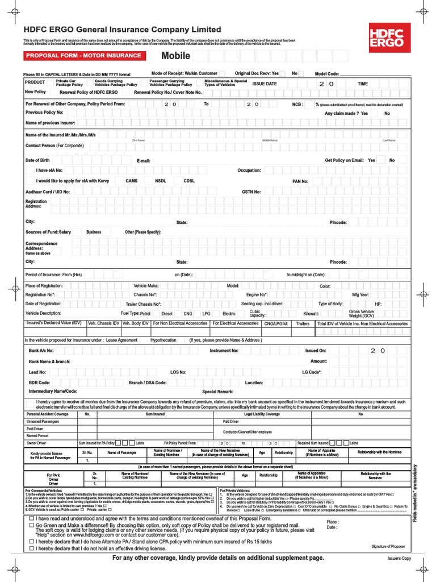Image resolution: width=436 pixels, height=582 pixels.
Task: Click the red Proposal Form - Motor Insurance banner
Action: [x=83, y=56]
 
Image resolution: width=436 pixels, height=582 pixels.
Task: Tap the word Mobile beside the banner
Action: [x=176, y=56]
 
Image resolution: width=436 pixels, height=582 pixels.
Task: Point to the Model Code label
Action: [x=327, y=74]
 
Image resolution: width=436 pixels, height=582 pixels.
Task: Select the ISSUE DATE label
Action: [x=265, y=84]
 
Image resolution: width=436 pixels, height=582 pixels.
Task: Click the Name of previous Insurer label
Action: [x=51, y=123]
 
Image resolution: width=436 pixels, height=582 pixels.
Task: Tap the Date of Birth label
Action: [x=37, y=160]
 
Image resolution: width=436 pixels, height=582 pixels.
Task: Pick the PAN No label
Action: [x=300, y=181]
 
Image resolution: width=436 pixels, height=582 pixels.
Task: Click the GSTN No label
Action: [x=251, y=192]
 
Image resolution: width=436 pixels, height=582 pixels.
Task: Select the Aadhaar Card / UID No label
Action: [x=48, y=192]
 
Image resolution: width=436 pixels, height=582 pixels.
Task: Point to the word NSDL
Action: [x=161, y=181]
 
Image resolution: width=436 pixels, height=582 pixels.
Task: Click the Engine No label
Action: [x=257, y=295]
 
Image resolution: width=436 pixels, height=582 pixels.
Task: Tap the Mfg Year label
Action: [x=360, y=295]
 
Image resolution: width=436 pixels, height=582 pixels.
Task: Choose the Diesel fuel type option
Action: [x=167, y=313]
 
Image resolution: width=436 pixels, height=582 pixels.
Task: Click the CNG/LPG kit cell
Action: [x=276, y=323]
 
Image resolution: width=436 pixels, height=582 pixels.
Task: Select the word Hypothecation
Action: [x=163, y=340]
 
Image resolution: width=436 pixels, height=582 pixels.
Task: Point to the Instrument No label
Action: [x=224, y=351]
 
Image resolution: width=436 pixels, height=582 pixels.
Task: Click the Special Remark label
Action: [x=218, y=392]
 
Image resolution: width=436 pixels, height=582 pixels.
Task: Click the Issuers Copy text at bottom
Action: [x=399, y=559]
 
